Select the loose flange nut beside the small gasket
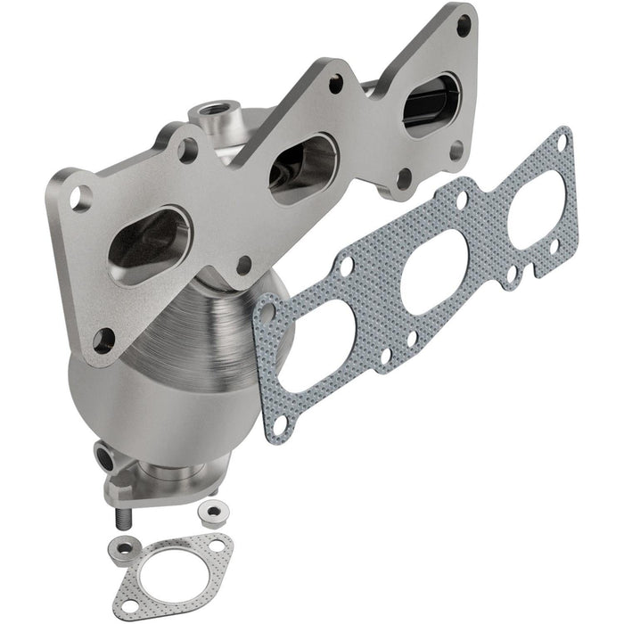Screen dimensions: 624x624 pos(212,511)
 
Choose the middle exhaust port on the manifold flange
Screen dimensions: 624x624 pos(303,167)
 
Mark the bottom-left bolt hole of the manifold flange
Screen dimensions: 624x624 pos(104,338)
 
